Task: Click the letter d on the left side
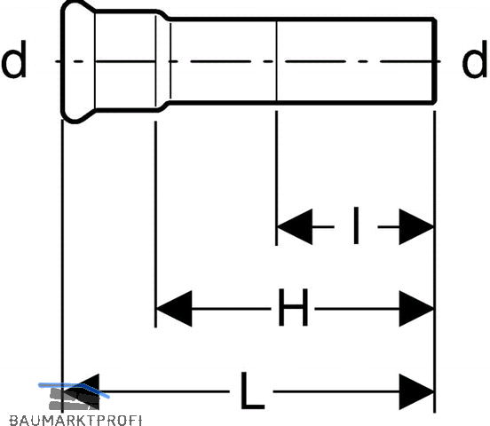[13, 59]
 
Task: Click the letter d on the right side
[474, 59]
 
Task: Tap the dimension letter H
[293, 307]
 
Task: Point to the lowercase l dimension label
[356, 225]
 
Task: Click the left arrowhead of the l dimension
[295, 226]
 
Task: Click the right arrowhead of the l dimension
[416, 226]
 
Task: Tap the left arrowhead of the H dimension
[174, 309]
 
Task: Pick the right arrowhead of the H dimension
[416, 309]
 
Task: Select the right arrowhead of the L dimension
[416, 391]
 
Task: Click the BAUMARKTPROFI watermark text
[75, 421]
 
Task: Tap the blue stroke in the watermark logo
[74, 389]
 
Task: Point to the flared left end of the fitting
[78, 61]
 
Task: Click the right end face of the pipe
[435, 61]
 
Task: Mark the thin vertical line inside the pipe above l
[276, 61]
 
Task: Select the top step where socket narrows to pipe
[163, 15]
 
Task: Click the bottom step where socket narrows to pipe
[163, 106]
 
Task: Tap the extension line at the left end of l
[276, 178]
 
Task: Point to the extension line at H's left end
[155, 225]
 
